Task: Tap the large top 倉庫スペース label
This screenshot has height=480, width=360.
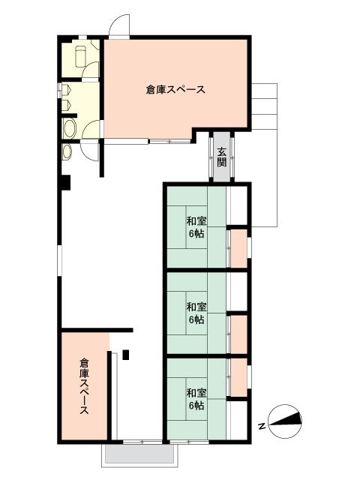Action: click(x=175, y=90)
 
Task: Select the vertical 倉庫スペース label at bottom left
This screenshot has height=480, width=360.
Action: click(x=85, y=387)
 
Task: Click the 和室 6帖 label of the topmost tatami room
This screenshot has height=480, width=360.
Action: click(x=196, y=226)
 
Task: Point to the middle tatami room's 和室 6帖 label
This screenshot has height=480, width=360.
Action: click(x=196, y=313)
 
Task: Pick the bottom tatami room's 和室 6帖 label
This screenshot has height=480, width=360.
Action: click(x=196, y=399)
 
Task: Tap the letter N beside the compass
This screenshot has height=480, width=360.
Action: click(x=262, y=426)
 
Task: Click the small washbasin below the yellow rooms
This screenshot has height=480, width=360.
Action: click(x=67, y=152)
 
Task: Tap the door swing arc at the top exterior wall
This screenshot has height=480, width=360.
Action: click(x=117, y=27)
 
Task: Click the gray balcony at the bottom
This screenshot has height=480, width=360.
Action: click(x=140, y=454)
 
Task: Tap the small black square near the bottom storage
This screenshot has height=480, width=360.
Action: click(x=126, y=355)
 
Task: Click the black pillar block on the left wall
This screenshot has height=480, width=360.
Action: click(x=66, y=182)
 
